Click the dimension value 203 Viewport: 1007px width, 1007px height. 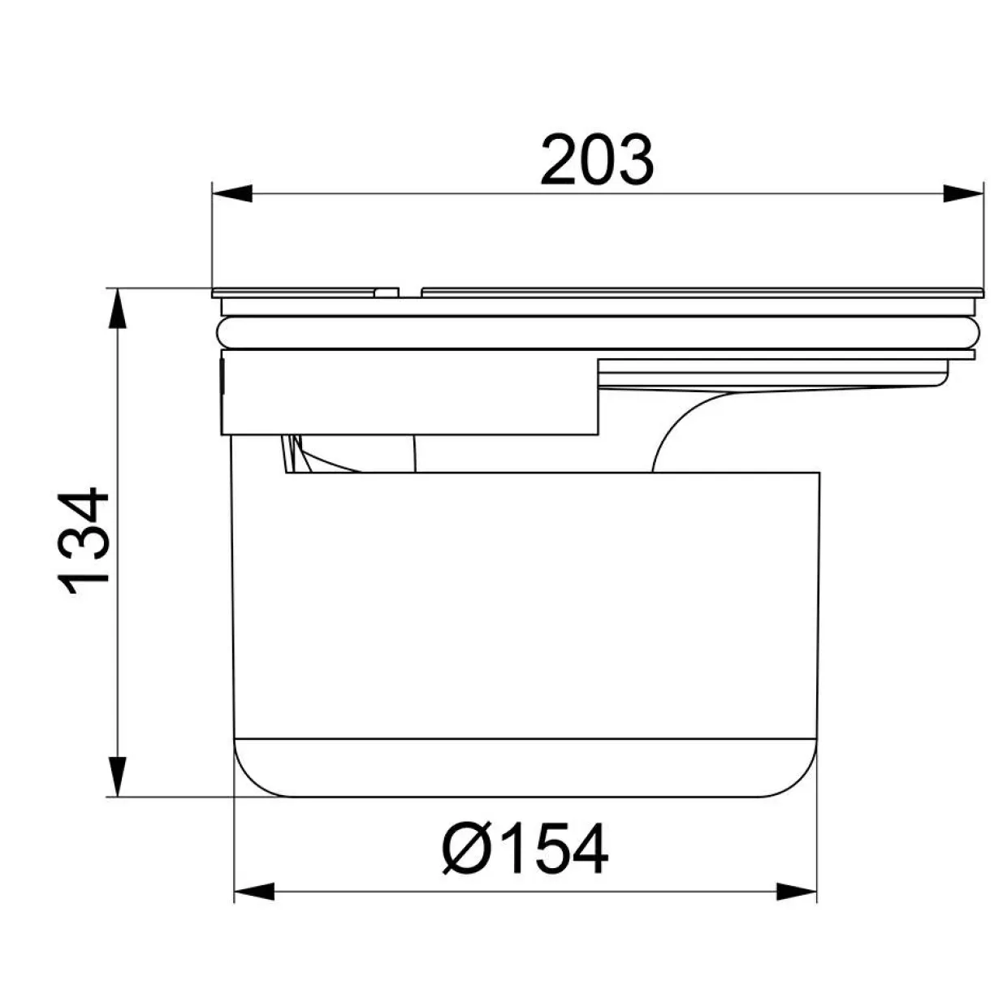(597, 160)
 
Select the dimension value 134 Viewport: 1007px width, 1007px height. (83, 542)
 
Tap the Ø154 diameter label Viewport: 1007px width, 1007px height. (525, 849)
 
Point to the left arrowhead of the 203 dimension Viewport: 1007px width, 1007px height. (232, 193)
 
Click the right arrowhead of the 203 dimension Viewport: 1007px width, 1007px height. (963, 193)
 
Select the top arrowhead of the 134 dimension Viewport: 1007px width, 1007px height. (119, 309)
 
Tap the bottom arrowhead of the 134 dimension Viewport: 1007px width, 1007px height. (119, 776)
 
